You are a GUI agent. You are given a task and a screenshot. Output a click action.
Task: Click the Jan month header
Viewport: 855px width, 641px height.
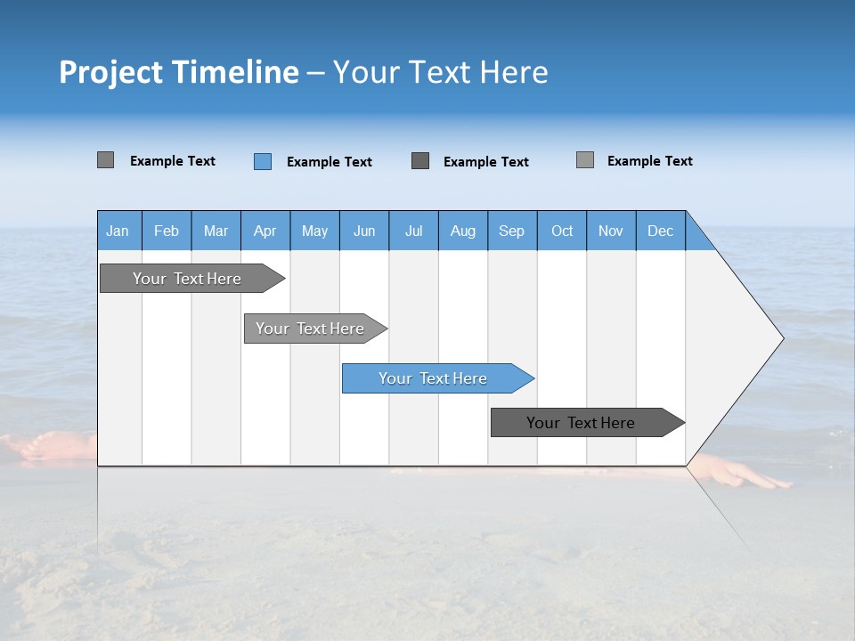118,231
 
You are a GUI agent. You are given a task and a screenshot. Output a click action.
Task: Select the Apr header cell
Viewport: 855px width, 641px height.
265,231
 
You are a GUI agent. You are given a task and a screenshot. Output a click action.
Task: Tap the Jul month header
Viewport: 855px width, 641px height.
413,231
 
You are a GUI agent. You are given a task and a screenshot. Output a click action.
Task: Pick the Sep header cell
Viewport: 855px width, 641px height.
512,231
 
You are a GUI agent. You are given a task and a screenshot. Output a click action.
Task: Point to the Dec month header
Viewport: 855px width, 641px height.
660,231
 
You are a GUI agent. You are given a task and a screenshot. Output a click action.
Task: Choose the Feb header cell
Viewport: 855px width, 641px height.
167,231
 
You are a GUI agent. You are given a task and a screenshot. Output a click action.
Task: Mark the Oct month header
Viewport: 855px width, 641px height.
562,231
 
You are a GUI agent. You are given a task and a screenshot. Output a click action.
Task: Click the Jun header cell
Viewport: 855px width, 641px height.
364,231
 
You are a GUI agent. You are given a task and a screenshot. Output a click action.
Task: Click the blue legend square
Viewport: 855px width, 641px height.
263,161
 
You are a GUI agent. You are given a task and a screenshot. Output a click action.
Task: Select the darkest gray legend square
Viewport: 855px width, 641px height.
420,161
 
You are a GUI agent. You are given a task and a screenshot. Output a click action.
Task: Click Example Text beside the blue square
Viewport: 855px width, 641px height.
329,162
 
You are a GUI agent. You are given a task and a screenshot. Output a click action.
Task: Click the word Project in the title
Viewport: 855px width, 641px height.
110,72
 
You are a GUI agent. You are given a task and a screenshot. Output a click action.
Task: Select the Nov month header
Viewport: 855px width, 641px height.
611,231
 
